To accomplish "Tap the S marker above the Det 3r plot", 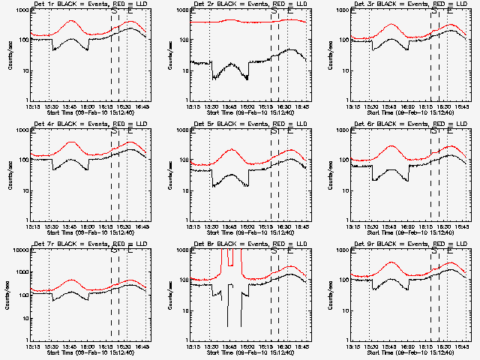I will click(433, 11).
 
